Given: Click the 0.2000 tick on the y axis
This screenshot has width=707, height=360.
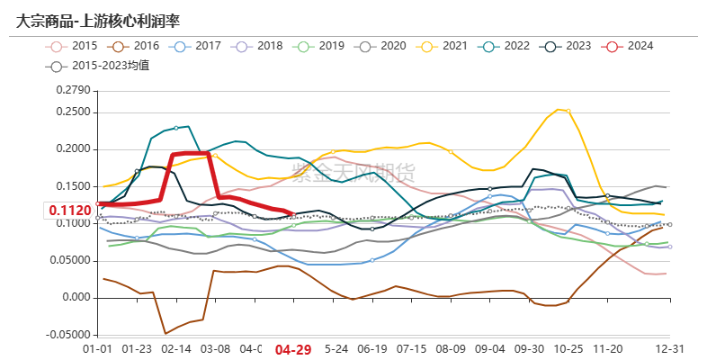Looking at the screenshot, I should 73,148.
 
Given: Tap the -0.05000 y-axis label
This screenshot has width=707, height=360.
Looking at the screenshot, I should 68,335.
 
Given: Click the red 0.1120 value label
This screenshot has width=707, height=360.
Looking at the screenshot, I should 71,211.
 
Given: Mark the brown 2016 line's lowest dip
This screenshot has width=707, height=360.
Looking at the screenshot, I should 166,333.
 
